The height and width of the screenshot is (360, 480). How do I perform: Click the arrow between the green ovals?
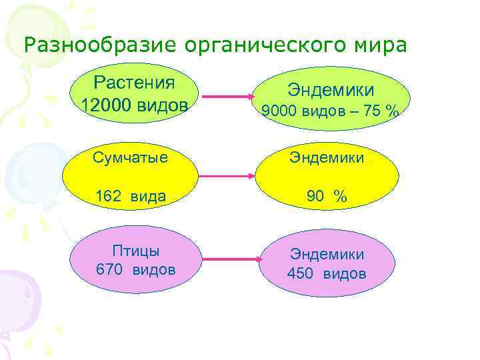227,97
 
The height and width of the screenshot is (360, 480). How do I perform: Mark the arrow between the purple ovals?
230,259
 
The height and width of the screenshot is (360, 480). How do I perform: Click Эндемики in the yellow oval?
326,157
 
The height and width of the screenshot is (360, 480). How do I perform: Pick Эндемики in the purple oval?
326,254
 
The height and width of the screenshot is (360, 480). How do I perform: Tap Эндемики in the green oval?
330,89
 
